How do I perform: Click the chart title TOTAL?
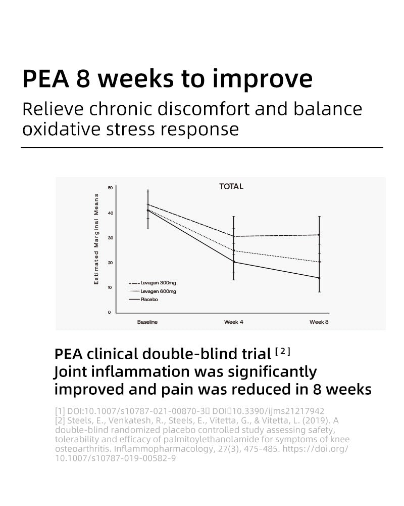pyautogui.click(x=231, y=187)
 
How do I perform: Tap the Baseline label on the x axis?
pyautogui.click(x=147, y=322)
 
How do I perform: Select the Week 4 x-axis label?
pyautogui.click(x=234, y=322)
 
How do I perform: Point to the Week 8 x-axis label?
pyautogui.click(x=319, y=322)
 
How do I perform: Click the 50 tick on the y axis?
pyautogui.click(x=111, y=188)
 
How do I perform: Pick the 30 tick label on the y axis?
pyautogui.click(x=111, y=238)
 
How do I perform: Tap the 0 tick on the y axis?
pyautogui.click(x=110, y=312)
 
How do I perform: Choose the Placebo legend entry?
pyautogui.click(x=149, y=300)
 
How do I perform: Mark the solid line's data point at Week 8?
pyautogui.click(x=319, y=278)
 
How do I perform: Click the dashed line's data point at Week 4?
pyautogui.click(x=233, y=236)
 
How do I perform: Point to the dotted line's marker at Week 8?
pyautogui.click(x=319, y=262)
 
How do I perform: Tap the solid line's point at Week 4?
pyautogui.click(x=233, y=262)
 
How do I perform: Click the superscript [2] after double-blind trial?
pyautogui.click(x=283, y=351)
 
